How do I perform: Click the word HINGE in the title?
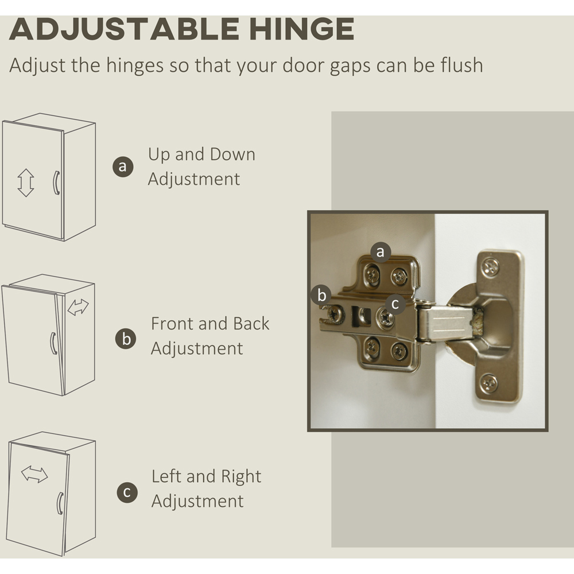pos(301,29)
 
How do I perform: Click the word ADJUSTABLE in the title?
pos(124,29)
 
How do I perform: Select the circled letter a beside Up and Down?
pos(123,166)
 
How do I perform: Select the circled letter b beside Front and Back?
pos(126,339)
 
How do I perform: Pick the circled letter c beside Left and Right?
pos(127,492)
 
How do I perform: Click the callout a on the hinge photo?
pos(381,252)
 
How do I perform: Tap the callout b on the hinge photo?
pos(321,295)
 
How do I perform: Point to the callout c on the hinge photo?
pos(395,304)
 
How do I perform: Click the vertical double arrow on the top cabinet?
pos(26,183)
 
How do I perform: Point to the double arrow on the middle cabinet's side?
pos(78,307)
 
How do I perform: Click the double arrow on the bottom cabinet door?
pos(34,475)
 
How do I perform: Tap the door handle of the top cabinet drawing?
pos(56,183)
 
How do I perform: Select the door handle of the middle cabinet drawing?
pos(53,343)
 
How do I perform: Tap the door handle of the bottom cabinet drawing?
pos(60,503)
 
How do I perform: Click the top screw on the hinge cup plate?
pos(490,266)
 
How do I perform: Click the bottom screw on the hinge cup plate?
pos(489,383)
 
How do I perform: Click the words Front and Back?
pos(210,324)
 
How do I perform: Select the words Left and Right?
pos(207,476)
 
